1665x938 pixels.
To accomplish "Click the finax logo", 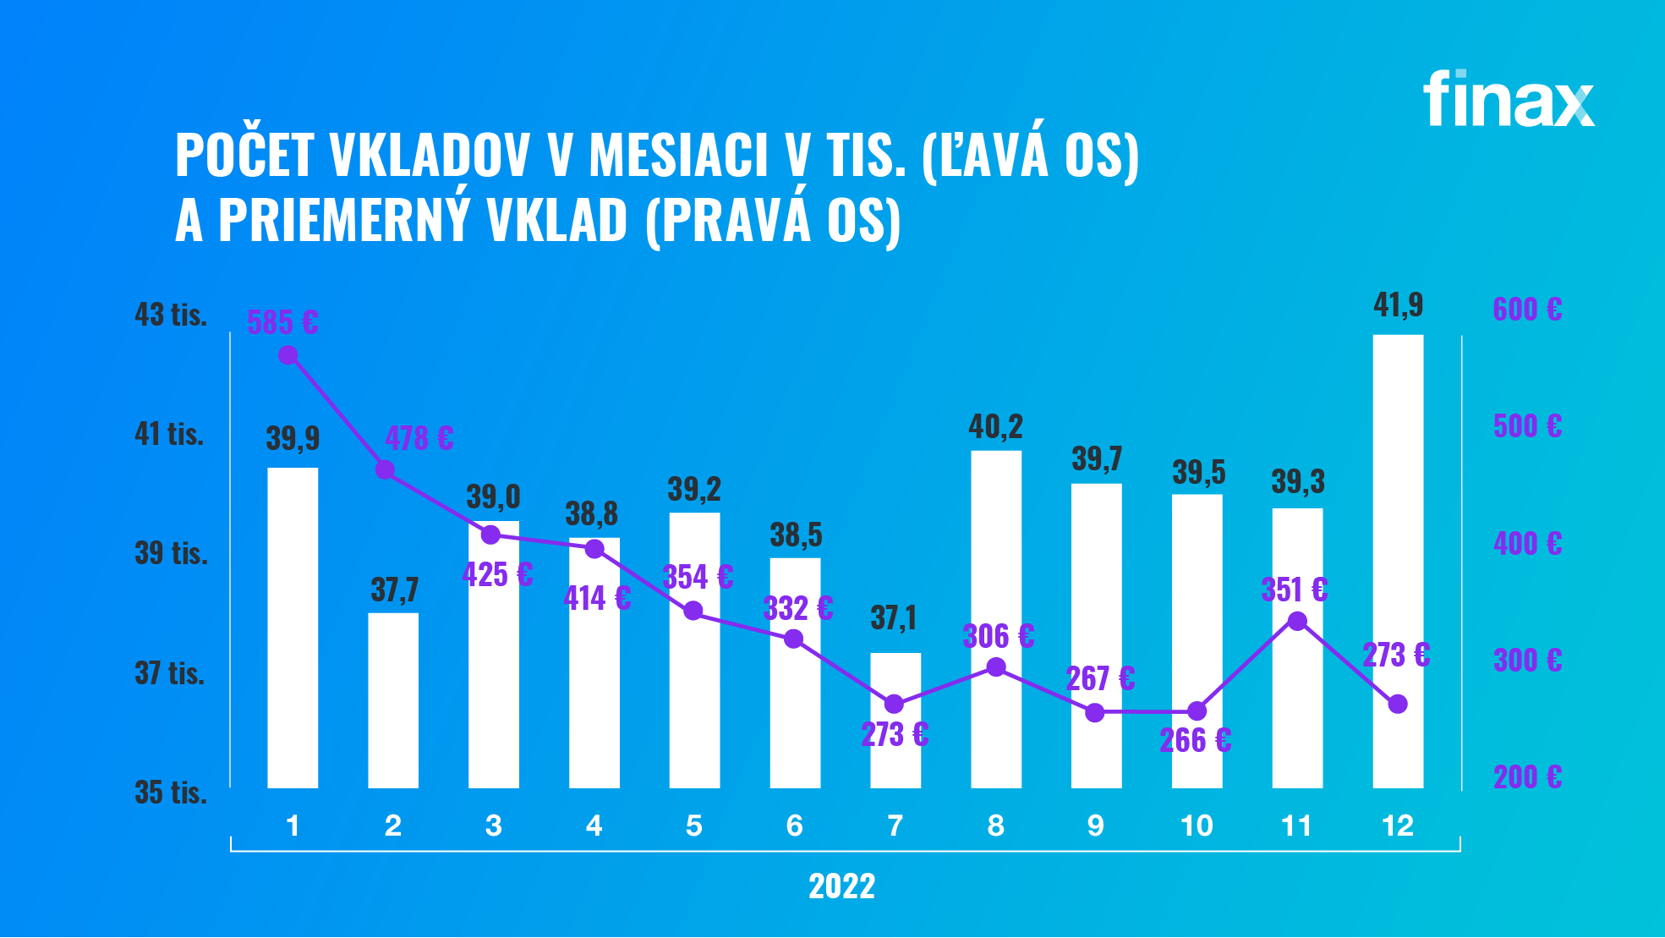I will (x=1509, y=100).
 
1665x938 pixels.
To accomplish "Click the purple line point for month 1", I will (x=288, y=355).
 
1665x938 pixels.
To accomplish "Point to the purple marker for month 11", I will (x=1297, y=622).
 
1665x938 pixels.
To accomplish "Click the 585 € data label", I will (x=282, y=322).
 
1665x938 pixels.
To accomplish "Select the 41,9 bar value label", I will (x=1398, y=304).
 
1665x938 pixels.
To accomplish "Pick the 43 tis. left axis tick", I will (x=171, y=315).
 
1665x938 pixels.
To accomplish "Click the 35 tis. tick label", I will (x=171, y=793).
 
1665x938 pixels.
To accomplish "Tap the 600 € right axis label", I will (x=1527, y=310).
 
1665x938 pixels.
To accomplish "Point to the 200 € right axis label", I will (x=1527, y=776).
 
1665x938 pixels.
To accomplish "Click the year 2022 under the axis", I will (x=841, y=886).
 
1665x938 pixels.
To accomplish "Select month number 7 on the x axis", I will (x=895, y=826).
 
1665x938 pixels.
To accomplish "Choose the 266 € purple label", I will (x=1195, y=741).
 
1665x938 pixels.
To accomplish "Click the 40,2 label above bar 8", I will (x=995, y=427).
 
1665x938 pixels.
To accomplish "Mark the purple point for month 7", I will (x=895, y=704).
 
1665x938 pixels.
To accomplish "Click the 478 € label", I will (x=419, y=438).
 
